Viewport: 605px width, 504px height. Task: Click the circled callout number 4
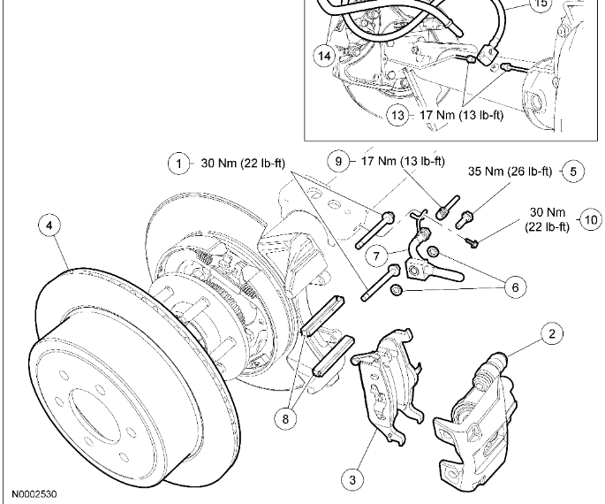(x=49, y=226)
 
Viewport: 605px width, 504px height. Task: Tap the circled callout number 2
(x=551, y=333)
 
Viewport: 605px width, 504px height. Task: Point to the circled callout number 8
(x=285, y=418)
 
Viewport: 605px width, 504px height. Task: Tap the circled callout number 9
(x=337, y=162)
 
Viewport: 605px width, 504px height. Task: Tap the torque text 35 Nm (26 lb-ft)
(x=510, y=171)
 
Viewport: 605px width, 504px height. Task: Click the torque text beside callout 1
(x=236, y=164)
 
